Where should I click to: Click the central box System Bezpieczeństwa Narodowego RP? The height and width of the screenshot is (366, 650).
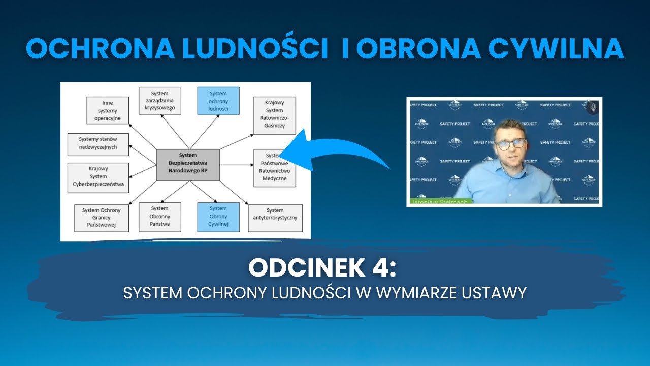point(188,165)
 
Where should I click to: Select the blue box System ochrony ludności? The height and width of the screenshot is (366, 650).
point(218,101)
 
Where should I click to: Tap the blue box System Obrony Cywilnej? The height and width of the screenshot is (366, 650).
point(218,216)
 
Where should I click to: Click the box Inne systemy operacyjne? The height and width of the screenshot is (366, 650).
point(107,110)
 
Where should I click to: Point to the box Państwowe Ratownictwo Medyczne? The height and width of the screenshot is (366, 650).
point(274,168)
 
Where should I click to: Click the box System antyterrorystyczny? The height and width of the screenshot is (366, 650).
point(275,218)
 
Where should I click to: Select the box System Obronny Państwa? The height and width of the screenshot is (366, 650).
point(159,216)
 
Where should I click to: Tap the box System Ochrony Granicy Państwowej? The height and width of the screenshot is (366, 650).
point(97,218)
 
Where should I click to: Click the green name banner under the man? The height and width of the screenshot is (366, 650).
point(440,201)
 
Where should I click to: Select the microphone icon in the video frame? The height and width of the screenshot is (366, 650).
point(592,107)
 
